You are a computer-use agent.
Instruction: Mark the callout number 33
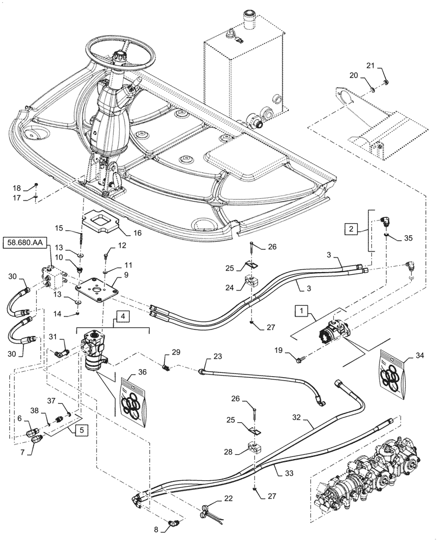click(x=289, y=473)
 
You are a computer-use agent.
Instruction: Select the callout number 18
click(x=17, y=188)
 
